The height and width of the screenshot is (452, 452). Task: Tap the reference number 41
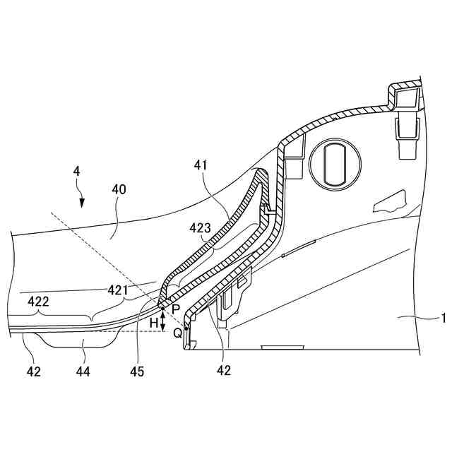[202, 165]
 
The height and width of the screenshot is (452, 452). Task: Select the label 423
[201, 228]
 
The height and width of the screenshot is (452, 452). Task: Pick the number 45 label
[137, 370]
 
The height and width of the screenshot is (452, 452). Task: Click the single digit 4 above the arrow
[76, 171]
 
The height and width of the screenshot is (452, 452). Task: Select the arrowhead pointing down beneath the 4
[83, 203]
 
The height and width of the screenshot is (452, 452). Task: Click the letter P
[174, 309]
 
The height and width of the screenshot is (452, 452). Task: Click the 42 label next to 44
[32, 370]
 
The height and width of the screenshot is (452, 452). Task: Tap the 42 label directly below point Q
[223, 370]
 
